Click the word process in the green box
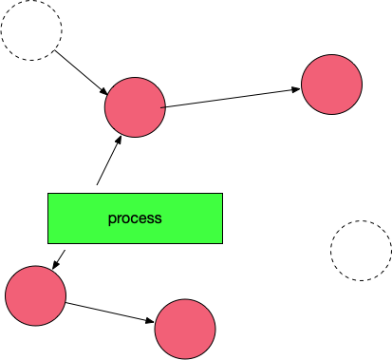tap(135, 218)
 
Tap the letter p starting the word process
tap(111, 219)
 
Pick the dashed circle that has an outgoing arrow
tap(31, 30)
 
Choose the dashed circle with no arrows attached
tap(361, 251)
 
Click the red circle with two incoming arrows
tap(135, 107)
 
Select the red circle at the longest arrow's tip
tap(331, 85)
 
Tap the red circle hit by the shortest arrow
tap(35, 295)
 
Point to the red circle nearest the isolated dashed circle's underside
tap(185, 329)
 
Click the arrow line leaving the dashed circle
tap(82, 72)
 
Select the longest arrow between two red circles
tap(230, 98)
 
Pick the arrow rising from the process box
tap(109, 161)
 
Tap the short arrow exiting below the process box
tap(59, 259)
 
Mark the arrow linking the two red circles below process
tap(110, 313)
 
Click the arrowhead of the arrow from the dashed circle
tap(104, 91)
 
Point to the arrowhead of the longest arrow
tap(295, 89)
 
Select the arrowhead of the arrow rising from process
tap(119, 140)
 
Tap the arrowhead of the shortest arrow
tap(55, 265)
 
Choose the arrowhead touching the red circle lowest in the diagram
tap(150, 321)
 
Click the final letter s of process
tap(159, 219)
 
